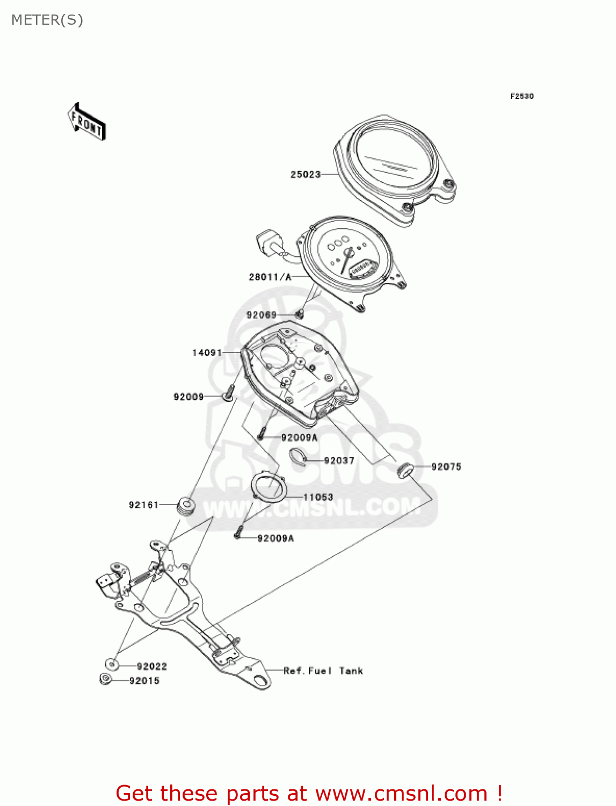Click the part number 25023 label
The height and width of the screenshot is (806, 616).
coord(305,175)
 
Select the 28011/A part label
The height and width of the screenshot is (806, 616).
coord(270,277)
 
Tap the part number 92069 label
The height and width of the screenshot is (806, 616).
coord(261,315)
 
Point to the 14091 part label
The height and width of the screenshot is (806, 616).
coord(207,353)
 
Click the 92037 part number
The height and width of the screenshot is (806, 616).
coord(339,461)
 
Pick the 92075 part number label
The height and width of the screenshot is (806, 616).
coord(446,467)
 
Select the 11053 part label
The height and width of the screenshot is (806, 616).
coord(318,498)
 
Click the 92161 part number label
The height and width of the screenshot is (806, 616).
coord(143,505)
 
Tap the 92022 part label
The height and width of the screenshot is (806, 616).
coord(152,667)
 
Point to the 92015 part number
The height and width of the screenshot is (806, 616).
coord(144,681)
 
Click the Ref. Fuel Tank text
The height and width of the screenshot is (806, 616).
coord(323,671)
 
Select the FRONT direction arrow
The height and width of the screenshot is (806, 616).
coord(86,122)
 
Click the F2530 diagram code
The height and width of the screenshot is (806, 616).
coord(521,96)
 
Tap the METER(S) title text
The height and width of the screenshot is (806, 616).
coord(47,20)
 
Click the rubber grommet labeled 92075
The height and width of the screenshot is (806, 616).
coord(405,471)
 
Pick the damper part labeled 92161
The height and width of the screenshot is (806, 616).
coord(186,506)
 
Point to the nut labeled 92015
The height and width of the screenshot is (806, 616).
coord(106,680)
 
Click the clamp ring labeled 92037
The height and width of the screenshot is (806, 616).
coord(298,456)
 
